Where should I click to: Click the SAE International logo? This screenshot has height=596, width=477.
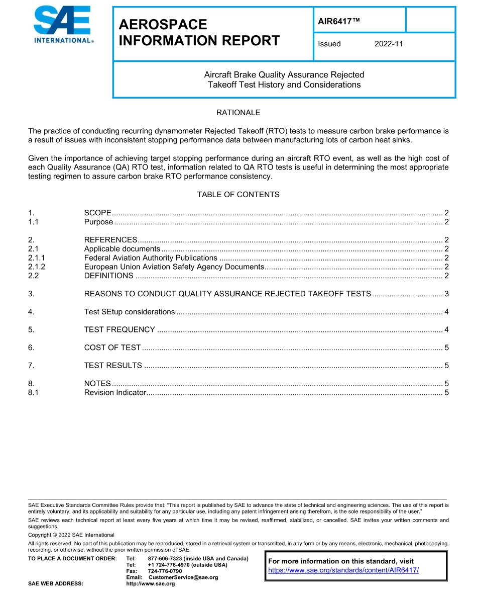(63, 25)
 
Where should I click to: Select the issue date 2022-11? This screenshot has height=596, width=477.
(389, 44)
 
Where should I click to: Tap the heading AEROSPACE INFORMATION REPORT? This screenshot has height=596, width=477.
(199, 33)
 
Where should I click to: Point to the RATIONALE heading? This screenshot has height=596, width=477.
(238, 113)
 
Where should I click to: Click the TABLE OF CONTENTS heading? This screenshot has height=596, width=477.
(238, 195)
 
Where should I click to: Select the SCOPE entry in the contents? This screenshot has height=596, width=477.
(98, 213)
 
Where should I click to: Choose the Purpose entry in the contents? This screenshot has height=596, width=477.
(98, 222)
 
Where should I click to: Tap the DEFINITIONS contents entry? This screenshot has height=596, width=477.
(108, 276)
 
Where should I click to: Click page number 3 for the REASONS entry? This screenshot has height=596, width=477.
(446, 294)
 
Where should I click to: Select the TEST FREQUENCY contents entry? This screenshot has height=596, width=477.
(120, 329)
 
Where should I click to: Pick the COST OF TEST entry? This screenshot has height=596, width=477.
(112, 348)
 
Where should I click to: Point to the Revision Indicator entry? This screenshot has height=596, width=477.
(115, 392)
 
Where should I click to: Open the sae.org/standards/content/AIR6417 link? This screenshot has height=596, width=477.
(343, 570)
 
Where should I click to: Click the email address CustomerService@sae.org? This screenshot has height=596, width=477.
(183, 577)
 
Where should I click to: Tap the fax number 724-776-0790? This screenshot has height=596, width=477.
(165, 571)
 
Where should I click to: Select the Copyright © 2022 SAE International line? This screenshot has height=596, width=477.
(71, 535)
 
